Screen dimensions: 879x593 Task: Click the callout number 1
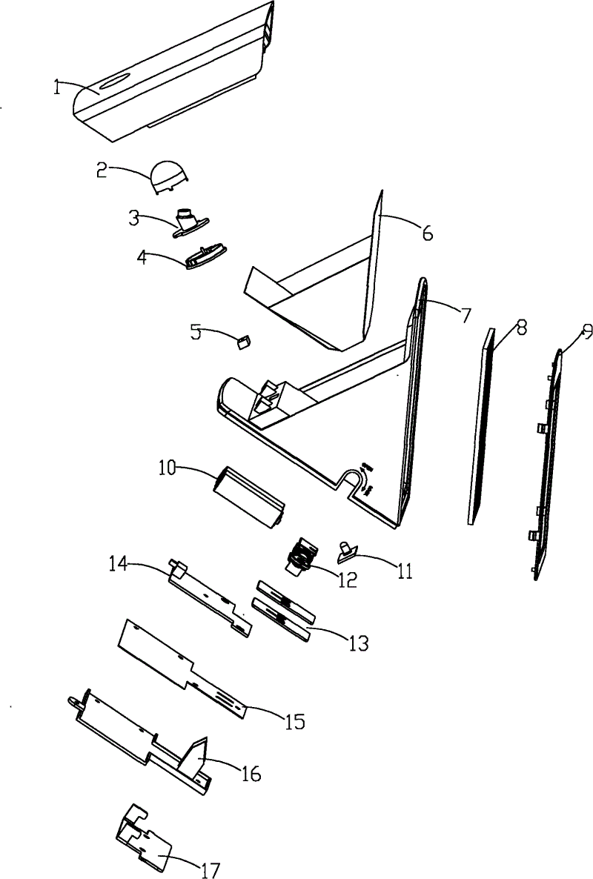(x=57, y=87)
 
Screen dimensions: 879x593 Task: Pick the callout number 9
(x=587, y=331)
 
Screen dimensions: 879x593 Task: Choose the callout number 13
(x=358, y=643)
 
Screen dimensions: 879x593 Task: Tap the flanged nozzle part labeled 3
(x=191, y=222)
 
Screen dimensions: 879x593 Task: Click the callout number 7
(x=465, y=314)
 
